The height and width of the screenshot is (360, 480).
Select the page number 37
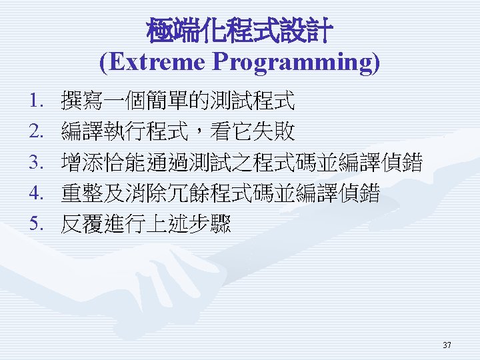pyautogui.click(x=447, y=345)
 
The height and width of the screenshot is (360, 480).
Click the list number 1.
pyautogui.click(x=36, y=101)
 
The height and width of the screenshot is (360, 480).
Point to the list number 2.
pyautogui.click(x=36, y=131)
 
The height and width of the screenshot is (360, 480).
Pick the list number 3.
pyautogui.click(x=36, y=162)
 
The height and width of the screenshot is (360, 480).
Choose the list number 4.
pyautogui.click(x=36, y=193)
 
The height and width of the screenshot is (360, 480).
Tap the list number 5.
pyautogui.click(x=36, y=223)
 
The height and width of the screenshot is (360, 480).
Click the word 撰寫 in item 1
pyautogui.click(x=82, y=100)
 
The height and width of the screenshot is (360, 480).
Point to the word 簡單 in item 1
pyautogui.click(x=167, y=100)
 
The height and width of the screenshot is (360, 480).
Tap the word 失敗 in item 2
pyautogui.click(x=273, y=131)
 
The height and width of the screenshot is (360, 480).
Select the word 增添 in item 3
pyautogui.click(x=82, y=162)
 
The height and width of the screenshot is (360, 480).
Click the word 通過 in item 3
pyautogui.click(x=167, y=162)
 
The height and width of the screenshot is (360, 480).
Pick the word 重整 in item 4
pyautogui.click(x=82, y=193)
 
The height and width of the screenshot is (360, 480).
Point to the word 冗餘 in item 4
pyautogui.click(x=188, y=193)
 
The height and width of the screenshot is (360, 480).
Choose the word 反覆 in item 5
pyautogui.click(x=82, y=223)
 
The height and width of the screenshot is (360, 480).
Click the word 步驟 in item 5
pyautogui.click(x=209, y=223)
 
